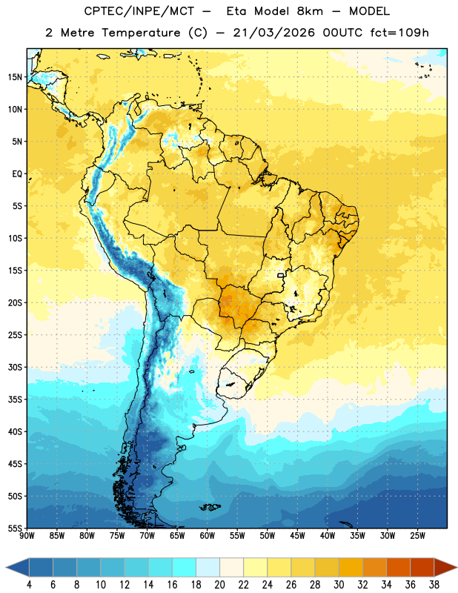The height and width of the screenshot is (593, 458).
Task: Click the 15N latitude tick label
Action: [x=15, y=77]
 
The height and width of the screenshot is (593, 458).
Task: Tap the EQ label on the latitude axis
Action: [x=17, y=174]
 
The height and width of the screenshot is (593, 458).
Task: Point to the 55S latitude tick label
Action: [x=15, y=528]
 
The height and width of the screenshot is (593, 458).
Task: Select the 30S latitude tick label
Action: [x=15, y=367]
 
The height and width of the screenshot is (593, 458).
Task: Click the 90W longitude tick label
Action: [x=27, y=536]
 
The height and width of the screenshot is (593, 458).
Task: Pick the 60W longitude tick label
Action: [x=208, y=536]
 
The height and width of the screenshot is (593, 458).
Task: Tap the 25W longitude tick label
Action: [x=417, y=536]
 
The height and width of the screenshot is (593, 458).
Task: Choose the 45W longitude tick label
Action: [x=297, y=536]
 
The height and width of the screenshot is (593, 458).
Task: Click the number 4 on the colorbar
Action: [x=29, y=585]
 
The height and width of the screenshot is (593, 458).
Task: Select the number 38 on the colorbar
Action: [x=434, y=585]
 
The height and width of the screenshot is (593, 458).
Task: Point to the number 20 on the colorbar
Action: [x=219, y=585]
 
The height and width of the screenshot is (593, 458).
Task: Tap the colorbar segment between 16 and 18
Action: [x=185, y=567]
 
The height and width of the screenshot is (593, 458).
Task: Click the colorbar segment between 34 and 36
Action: [x=398, y=567]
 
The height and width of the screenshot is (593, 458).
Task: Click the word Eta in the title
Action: [x=236, y=11]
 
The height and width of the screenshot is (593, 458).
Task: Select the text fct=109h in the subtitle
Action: [x=399, y=33]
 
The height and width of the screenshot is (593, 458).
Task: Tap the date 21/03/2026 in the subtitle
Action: [x=273, y=33]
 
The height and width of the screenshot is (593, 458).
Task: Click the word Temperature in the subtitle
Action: [x=141, y=33]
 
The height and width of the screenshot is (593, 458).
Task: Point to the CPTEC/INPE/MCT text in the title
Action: [x=139, y=12]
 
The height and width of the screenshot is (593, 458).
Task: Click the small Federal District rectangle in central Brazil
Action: [x=281, y=275]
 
